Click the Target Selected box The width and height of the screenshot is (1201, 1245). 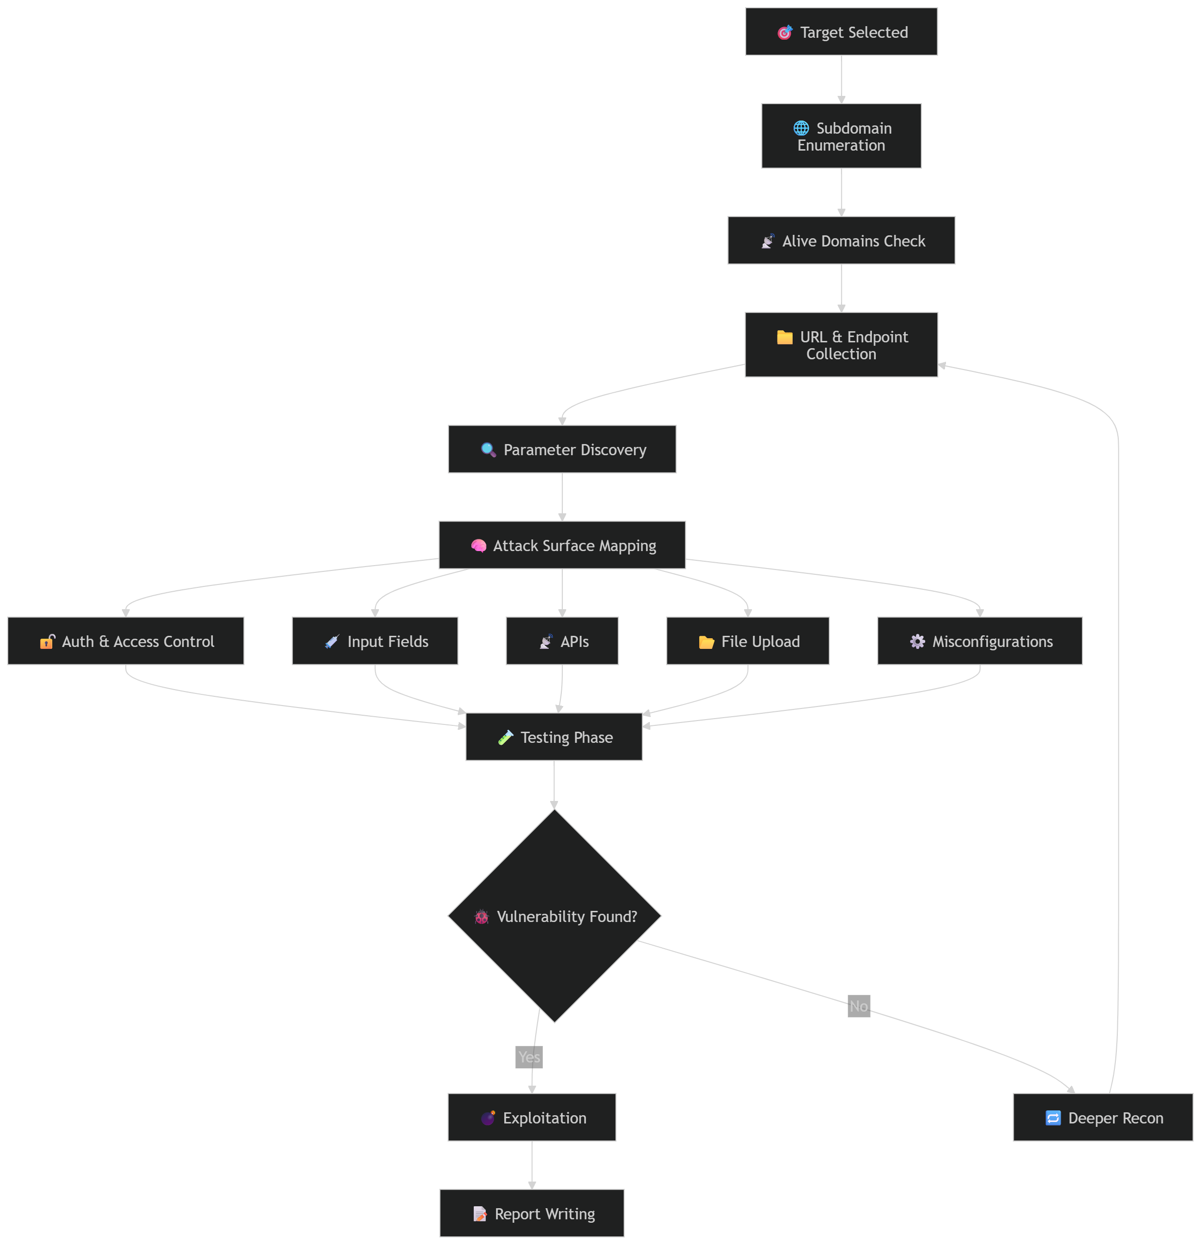point(841,32)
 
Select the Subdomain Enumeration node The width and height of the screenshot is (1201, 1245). point(841,136)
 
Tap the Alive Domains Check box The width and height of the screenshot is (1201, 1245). point(841,241)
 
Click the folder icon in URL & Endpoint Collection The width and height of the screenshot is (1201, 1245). point(784,338)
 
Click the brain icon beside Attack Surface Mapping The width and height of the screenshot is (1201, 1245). point(479,546)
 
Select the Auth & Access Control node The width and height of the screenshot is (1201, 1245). point(126,641)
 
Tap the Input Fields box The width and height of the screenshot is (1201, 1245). point(375,641)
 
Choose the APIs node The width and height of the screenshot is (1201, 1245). point(562,641)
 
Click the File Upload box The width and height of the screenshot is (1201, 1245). point(747,641)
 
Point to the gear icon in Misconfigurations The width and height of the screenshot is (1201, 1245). point(917,642)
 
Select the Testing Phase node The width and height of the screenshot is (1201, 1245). point(554,737)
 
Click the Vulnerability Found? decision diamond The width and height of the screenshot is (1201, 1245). point(554,916)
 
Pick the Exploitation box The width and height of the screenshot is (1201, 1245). point(531,1117)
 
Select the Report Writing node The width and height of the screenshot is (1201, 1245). point(531,1213)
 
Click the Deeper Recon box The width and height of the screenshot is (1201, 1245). point(1103,1117)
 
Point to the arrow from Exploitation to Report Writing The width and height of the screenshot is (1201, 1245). point(532,1165)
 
